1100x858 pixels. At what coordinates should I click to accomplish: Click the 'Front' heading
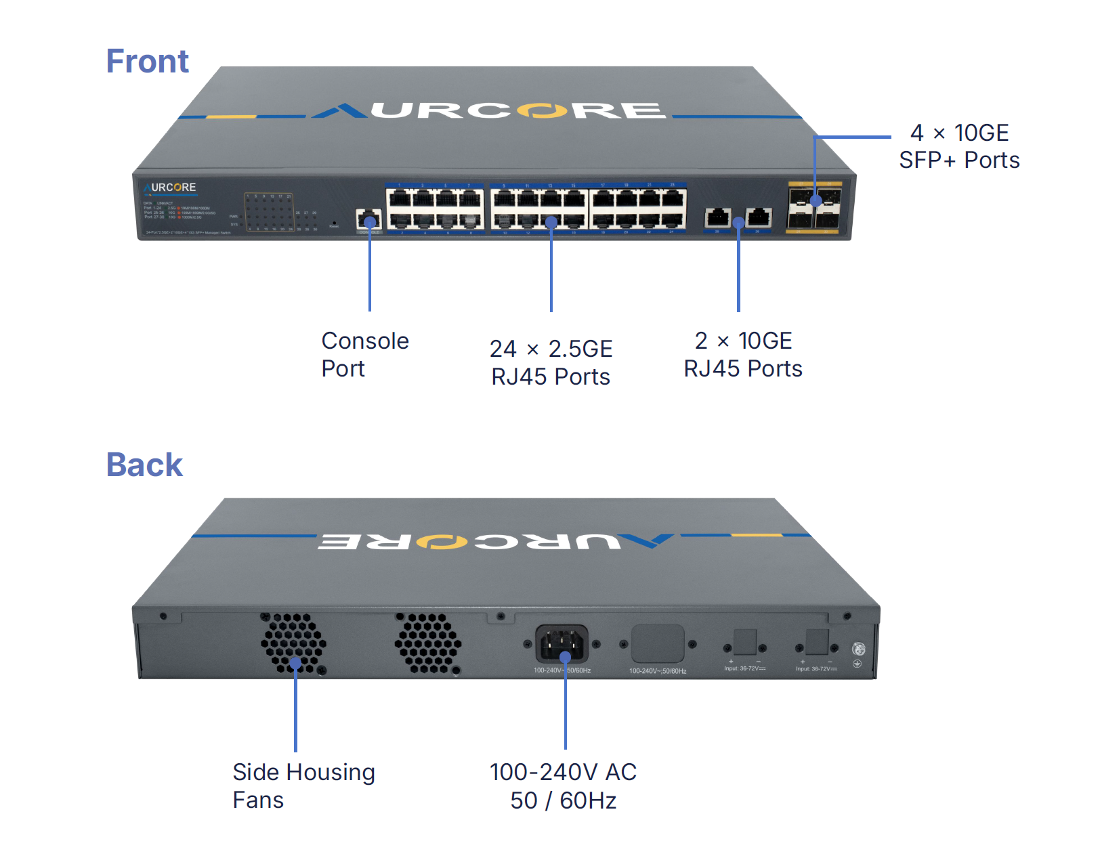point(147,62)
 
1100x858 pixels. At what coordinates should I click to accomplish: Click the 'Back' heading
point(144,465)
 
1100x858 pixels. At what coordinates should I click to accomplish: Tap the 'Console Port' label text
point(364,354)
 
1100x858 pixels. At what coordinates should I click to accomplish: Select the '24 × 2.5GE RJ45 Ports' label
point(551,362)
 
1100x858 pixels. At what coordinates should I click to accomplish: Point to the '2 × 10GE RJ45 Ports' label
point(743,354)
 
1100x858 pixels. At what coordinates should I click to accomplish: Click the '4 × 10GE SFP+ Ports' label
point(959,146)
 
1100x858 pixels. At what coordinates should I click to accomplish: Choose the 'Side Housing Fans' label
point(303,786)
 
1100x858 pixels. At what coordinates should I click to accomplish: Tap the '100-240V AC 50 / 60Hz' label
point(563,786)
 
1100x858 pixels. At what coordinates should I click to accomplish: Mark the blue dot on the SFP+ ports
point(816,200)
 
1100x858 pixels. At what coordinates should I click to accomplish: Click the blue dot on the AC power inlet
point(565,657)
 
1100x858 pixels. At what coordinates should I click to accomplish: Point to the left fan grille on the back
point(294,643)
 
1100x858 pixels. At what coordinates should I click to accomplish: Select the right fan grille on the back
point(428,643)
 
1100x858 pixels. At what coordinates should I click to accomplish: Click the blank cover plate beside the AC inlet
point(657,643)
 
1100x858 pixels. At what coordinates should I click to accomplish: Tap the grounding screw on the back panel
point(858,649)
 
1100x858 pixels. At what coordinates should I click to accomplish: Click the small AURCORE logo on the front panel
point(170,188)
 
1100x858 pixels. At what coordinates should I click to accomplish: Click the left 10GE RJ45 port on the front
point(717,218)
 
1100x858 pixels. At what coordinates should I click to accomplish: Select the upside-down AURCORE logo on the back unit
point(495,541)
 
